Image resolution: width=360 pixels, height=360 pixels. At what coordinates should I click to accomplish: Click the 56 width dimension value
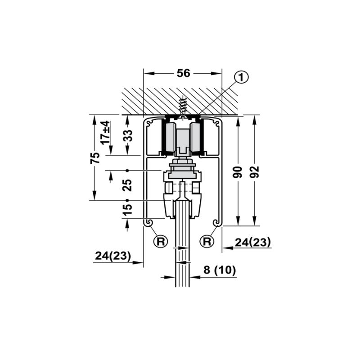point(184,73)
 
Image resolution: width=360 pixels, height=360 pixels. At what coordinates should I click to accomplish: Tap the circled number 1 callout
point(241,77)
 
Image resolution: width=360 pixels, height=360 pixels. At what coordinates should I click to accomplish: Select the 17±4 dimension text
point(106,132)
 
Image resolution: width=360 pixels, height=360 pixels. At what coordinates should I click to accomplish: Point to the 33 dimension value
point(128,135)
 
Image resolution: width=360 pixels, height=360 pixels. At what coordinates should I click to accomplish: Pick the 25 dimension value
point(127,185)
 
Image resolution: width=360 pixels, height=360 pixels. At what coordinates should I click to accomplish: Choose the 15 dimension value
point(127,210)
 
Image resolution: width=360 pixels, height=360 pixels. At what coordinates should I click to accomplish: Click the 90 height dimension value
point(238,172)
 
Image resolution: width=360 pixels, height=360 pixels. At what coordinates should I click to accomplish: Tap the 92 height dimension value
point(254,172)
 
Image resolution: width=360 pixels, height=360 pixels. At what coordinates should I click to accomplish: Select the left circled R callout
point(161,241)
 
